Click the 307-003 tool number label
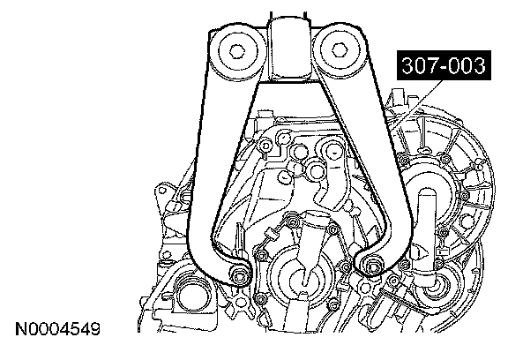[444, 65]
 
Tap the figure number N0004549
[58, 329]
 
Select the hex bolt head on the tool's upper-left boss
[237, 51]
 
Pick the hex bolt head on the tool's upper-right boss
[339, 50]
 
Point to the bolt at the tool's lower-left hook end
[239, 276]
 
